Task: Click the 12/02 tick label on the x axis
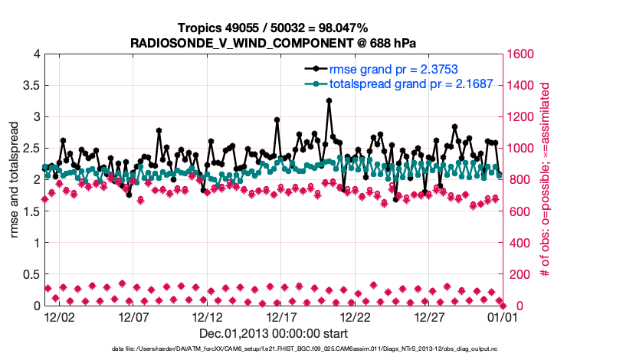coord(59,316)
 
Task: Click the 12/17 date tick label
coord(281,316)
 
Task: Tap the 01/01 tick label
coord(503,316)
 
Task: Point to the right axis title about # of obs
coord(546,180)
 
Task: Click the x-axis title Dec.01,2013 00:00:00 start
coord(274,334)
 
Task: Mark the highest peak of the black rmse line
coord(329,100)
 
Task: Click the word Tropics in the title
coord(200,28)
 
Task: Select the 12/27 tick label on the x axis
coord(429,316)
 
